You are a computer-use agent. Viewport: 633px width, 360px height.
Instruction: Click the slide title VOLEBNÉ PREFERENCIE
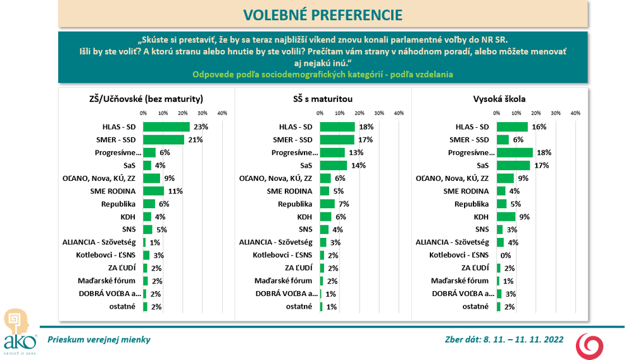tap(322, 15)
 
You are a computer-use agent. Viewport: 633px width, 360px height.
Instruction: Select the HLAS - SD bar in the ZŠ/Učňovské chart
tap(166, 127)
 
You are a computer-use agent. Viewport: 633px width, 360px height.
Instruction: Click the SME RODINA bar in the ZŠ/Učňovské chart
tap(154, 191)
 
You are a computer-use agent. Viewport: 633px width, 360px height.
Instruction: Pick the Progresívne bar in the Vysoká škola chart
tap(515, 152)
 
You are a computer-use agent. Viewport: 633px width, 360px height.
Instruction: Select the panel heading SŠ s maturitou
tap(323, 99)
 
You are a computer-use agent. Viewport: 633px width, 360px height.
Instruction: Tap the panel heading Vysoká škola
tap(499, 99)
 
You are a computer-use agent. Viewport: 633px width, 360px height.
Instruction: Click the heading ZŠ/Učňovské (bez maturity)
tap(146, 99)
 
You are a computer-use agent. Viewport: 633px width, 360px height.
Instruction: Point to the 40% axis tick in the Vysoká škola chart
tap(575, 113)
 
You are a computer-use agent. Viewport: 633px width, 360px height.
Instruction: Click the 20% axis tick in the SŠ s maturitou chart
tap(360, 113)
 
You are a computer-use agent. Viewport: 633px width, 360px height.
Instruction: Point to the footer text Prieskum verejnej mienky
tap(99, 340)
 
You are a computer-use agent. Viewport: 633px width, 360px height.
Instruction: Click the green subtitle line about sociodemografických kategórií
tap(322, 75)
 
